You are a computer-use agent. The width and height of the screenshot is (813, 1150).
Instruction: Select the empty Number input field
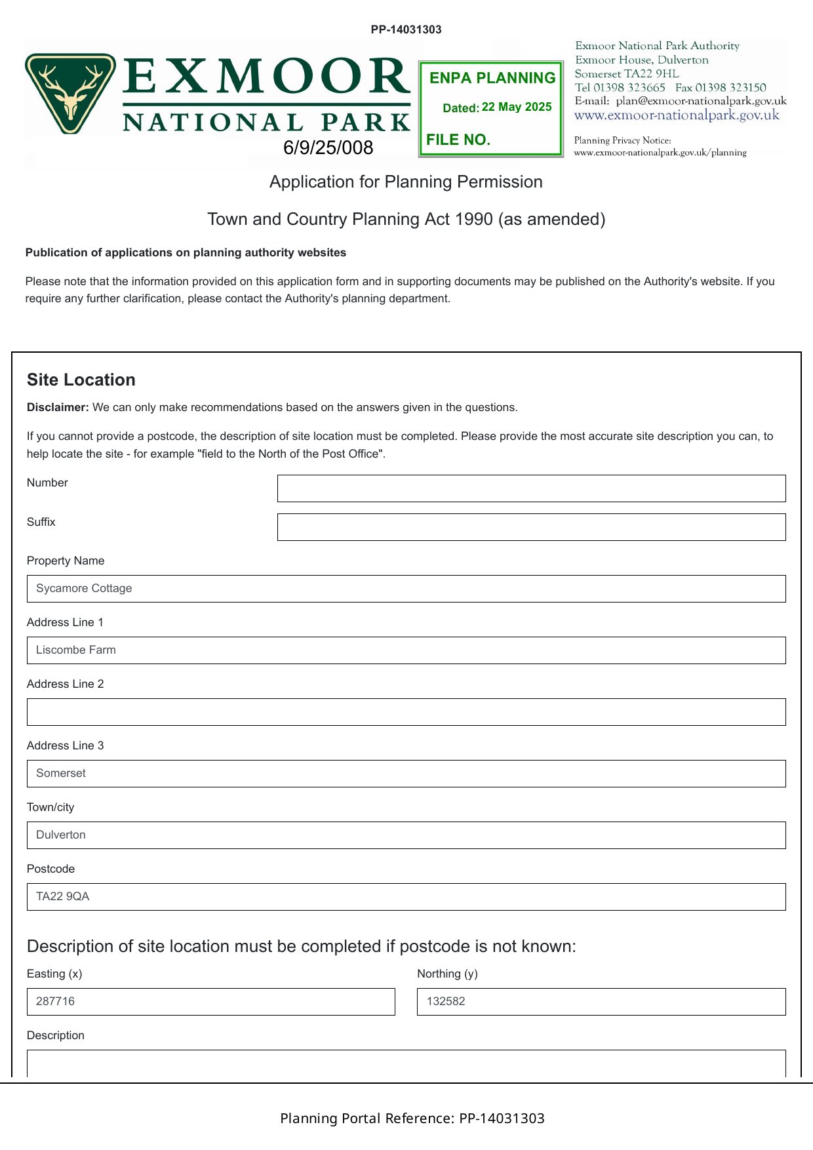coord(531,488)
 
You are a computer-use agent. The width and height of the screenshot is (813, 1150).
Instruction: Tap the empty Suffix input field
coord(531,527)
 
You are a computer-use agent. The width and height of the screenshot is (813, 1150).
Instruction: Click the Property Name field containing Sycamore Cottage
coord(406,589)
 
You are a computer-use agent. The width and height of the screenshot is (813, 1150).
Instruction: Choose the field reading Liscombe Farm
coord(406,650)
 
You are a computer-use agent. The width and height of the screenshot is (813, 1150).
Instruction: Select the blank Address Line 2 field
coord(406,712)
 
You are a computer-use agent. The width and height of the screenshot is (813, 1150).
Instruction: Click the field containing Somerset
coord(406,774)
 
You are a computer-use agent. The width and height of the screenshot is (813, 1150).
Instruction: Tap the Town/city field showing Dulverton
coord(406,835)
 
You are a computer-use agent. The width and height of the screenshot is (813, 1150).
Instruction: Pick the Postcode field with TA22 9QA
coord(406,897)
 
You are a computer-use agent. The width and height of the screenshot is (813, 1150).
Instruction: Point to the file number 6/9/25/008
coord(328,148)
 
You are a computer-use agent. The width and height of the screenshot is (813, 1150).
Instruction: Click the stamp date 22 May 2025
coord(517,107)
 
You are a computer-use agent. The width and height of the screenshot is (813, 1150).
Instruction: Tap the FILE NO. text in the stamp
coord(458,140)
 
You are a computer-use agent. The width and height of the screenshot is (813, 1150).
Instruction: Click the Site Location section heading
coord(81,380)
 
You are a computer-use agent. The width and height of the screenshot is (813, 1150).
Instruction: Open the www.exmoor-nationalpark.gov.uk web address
coord(677,115)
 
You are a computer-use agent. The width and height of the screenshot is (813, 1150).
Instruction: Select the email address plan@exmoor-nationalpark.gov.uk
coord(701,101)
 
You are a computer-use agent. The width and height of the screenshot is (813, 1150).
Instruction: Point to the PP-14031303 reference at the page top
coord(406,30)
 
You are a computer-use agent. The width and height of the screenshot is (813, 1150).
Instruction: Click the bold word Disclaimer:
coord(58,407)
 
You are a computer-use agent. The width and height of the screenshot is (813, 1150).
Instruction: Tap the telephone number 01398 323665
coord(629,87)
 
